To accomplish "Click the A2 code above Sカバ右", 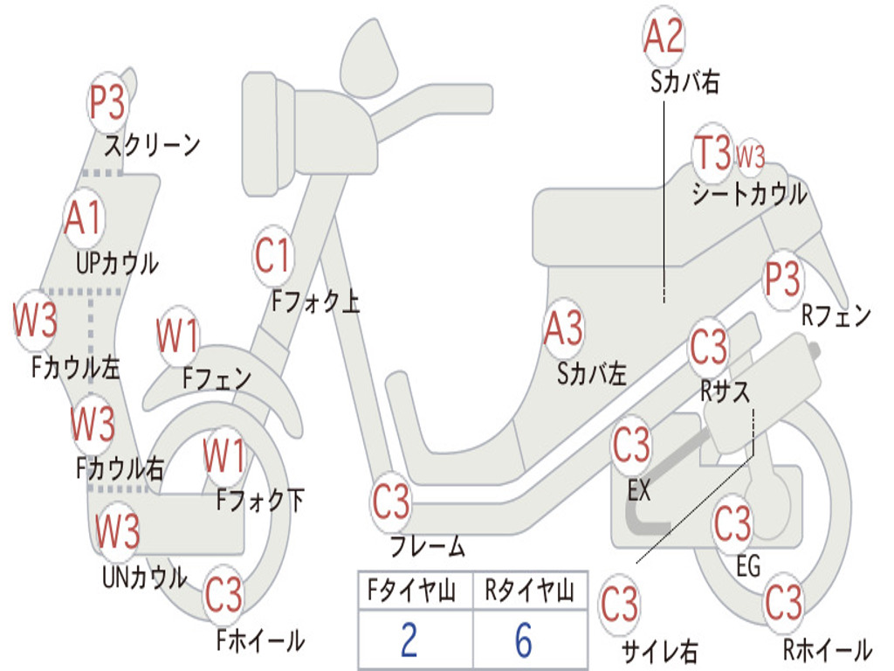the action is tap(664, 35).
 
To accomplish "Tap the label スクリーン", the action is tap(152, 145).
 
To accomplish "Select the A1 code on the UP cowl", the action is tap(83, 218).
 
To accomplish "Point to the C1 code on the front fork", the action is tap(272, 255).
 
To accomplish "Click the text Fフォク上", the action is tap(315, 301).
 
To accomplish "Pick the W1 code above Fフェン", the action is tap(177, 335).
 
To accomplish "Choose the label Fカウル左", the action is tap(76, 368).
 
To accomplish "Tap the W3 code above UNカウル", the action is tap(117, 530).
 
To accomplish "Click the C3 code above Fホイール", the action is tap(223, 594).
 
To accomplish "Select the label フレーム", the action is tap(428, 546).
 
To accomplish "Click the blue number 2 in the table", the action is tap(409, 640).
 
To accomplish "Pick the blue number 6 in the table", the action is tap(524, 640).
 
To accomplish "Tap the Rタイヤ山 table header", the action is tap(530, 591).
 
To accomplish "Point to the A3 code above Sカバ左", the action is tap(563, 329).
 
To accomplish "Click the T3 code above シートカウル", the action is tap(712, 152).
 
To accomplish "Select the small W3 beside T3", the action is tap(750, 156).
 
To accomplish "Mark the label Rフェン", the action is tap(836, 315).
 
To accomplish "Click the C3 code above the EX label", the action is tap(631, 445).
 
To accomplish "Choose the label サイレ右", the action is tap(660, 651).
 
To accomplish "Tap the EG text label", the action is tap(748, 566).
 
